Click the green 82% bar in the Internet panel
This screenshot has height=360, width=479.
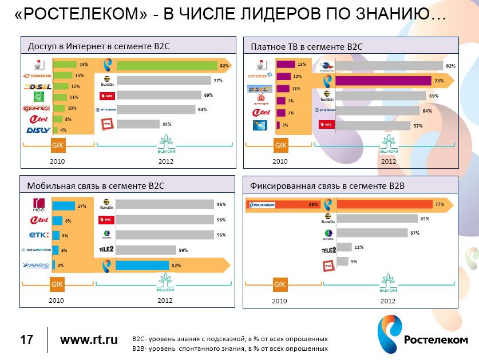point(166,65)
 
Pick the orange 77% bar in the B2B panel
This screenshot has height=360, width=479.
point(385,204)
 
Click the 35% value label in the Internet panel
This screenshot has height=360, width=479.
point(167,124)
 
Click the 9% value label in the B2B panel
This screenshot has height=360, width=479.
point(354,262)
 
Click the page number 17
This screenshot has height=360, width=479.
point(26,340)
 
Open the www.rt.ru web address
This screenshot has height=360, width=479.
point(89,340)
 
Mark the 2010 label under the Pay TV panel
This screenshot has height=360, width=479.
point(280,161)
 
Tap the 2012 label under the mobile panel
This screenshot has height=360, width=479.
point(165,300)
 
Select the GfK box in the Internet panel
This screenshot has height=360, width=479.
point(58,145)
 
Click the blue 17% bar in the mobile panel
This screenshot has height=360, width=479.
point(64,206)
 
